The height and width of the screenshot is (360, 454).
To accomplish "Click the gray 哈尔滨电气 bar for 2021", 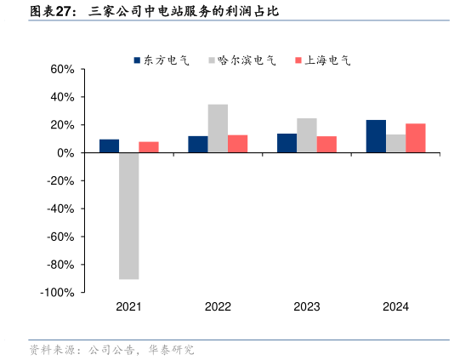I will click(x=128, y=215).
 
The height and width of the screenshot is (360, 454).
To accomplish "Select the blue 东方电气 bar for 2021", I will click(x=109, y=146).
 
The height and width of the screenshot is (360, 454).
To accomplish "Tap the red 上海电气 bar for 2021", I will click(x=149, y=147).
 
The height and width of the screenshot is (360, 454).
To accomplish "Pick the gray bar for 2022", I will click(x=218, y=129).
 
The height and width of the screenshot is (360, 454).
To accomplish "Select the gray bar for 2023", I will click(x=306, y=135).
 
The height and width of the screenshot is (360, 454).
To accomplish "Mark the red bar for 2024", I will click(x=415, y=138).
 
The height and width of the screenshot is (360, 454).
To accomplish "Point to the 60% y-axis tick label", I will click(x=63, y=69).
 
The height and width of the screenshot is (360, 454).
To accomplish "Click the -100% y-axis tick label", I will click(x=60, y=293).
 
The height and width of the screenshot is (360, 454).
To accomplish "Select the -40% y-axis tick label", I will click(x=62, y=209).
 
